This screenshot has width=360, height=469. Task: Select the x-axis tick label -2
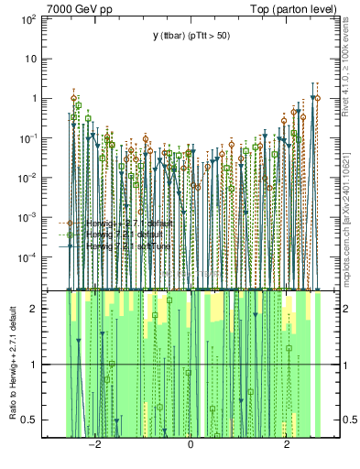[93, 444]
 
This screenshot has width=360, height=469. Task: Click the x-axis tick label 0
[191, 444]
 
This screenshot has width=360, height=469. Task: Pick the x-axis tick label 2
[287, 444]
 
